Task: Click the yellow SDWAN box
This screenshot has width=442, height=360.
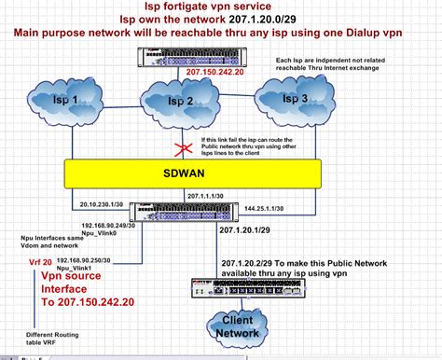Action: [x=213, y=172]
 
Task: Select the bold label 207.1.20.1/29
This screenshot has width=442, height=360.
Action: [x=243, y=228]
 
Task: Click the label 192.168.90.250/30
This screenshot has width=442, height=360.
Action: [x=87, y=258]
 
